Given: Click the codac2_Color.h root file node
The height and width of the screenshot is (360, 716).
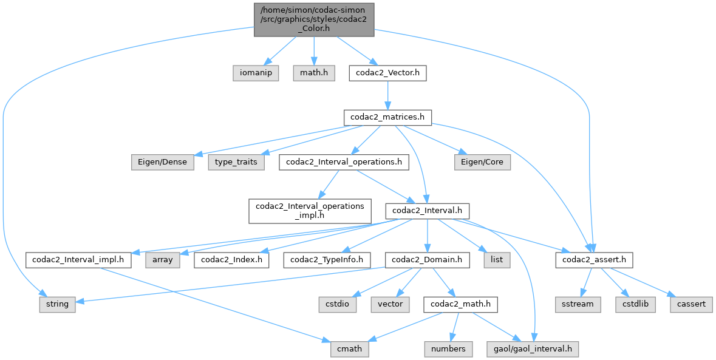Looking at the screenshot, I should tap(313, 19).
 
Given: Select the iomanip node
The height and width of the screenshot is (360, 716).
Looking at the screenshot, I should tap(256, 73).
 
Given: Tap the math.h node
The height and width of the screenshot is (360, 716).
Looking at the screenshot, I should tap(314, 73).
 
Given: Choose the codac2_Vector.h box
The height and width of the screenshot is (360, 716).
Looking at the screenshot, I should tap(387, 73).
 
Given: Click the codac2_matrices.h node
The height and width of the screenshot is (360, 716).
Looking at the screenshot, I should tap(387, 117).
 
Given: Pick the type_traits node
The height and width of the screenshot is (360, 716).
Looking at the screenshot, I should tap(237, 163).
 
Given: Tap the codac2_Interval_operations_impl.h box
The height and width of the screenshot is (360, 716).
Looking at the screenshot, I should tap(310, 210).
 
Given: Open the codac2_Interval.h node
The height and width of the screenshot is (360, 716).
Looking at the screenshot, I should tap(428, 210).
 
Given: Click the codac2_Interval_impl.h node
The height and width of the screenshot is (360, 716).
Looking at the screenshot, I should tap(79, 260).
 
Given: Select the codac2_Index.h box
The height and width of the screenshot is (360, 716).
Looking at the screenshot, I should tap(233, 260).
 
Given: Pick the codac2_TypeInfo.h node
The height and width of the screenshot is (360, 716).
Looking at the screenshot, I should tap(327, 260).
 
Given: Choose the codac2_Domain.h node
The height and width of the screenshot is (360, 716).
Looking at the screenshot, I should tap(428, 260).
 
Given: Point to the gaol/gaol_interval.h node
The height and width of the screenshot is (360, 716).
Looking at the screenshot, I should tap(533, 349).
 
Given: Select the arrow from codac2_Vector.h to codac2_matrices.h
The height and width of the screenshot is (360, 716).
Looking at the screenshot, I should tap(387, 95).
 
